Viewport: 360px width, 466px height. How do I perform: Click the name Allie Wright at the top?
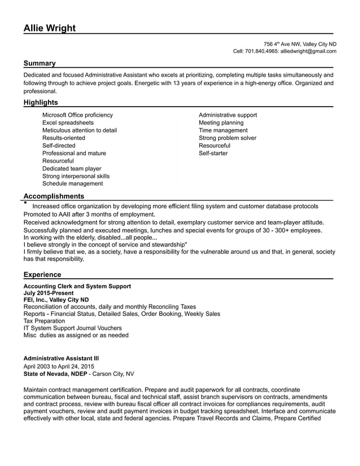(x=50, y=28)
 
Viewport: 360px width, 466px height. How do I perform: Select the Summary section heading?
(x=39, y=63)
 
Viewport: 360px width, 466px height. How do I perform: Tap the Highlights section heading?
(x=41, y=102)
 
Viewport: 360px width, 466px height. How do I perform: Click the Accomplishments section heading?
(x=54, y=196)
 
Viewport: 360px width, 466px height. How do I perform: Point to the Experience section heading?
(x=42, y=275)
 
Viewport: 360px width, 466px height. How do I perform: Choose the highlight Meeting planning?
(x=221, y=122)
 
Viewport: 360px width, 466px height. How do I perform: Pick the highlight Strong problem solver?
(x=227, y=138)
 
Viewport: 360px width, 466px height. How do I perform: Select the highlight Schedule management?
(x=72, y=183)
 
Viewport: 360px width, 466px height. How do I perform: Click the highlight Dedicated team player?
(x=72, y=168)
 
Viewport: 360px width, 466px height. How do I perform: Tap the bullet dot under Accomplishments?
(x=25, y=201)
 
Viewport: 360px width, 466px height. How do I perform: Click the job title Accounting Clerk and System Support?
(x=77, y=286)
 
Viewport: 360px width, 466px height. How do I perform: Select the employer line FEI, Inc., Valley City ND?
(x=56, y=300)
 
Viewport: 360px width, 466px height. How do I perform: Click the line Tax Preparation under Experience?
(x=44, y=321)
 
